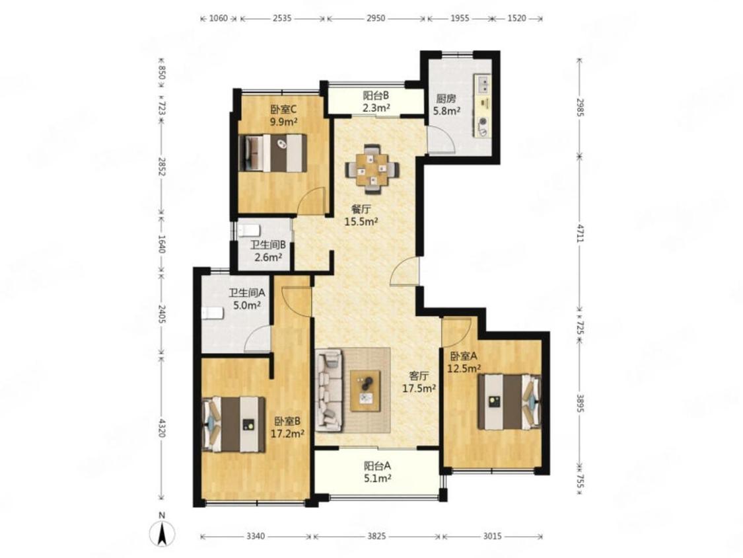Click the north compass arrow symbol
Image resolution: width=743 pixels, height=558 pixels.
point(162,534)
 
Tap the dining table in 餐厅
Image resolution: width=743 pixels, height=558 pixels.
point(372,169)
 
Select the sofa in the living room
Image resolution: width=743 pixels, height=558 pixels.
point(330,391)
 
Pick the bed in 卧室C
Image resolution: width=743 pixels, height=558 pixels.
point(273,153)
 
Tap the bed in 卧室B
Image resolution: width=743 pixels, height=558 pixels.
point(234,424)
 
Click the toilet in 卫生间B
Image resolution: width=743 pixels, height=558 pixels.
point(248,231)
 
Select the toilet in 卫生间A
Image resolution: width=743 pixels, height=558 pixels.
point(213,313)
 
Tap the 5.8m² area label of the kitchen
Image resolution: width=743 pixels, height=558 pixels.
point(447,111)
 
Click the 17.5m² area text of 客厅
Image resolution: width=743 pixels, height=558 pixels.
point(419,388)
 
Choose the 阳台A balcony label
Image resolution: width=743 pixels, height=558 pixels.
point(377,466)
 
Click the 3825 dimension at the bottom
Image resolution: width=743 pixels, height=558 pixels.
point(376,536)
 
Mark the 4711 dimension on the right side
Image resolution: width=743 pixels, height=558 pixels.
point(580,233)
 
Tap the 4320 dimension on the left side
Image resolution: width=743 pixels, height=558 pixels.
point(162,428)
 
